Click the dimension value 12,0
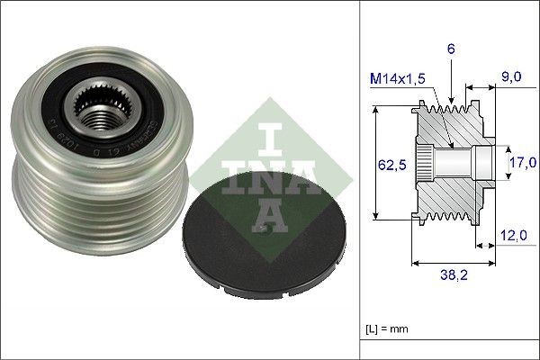pyautogui.click(x=513, y=236)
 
